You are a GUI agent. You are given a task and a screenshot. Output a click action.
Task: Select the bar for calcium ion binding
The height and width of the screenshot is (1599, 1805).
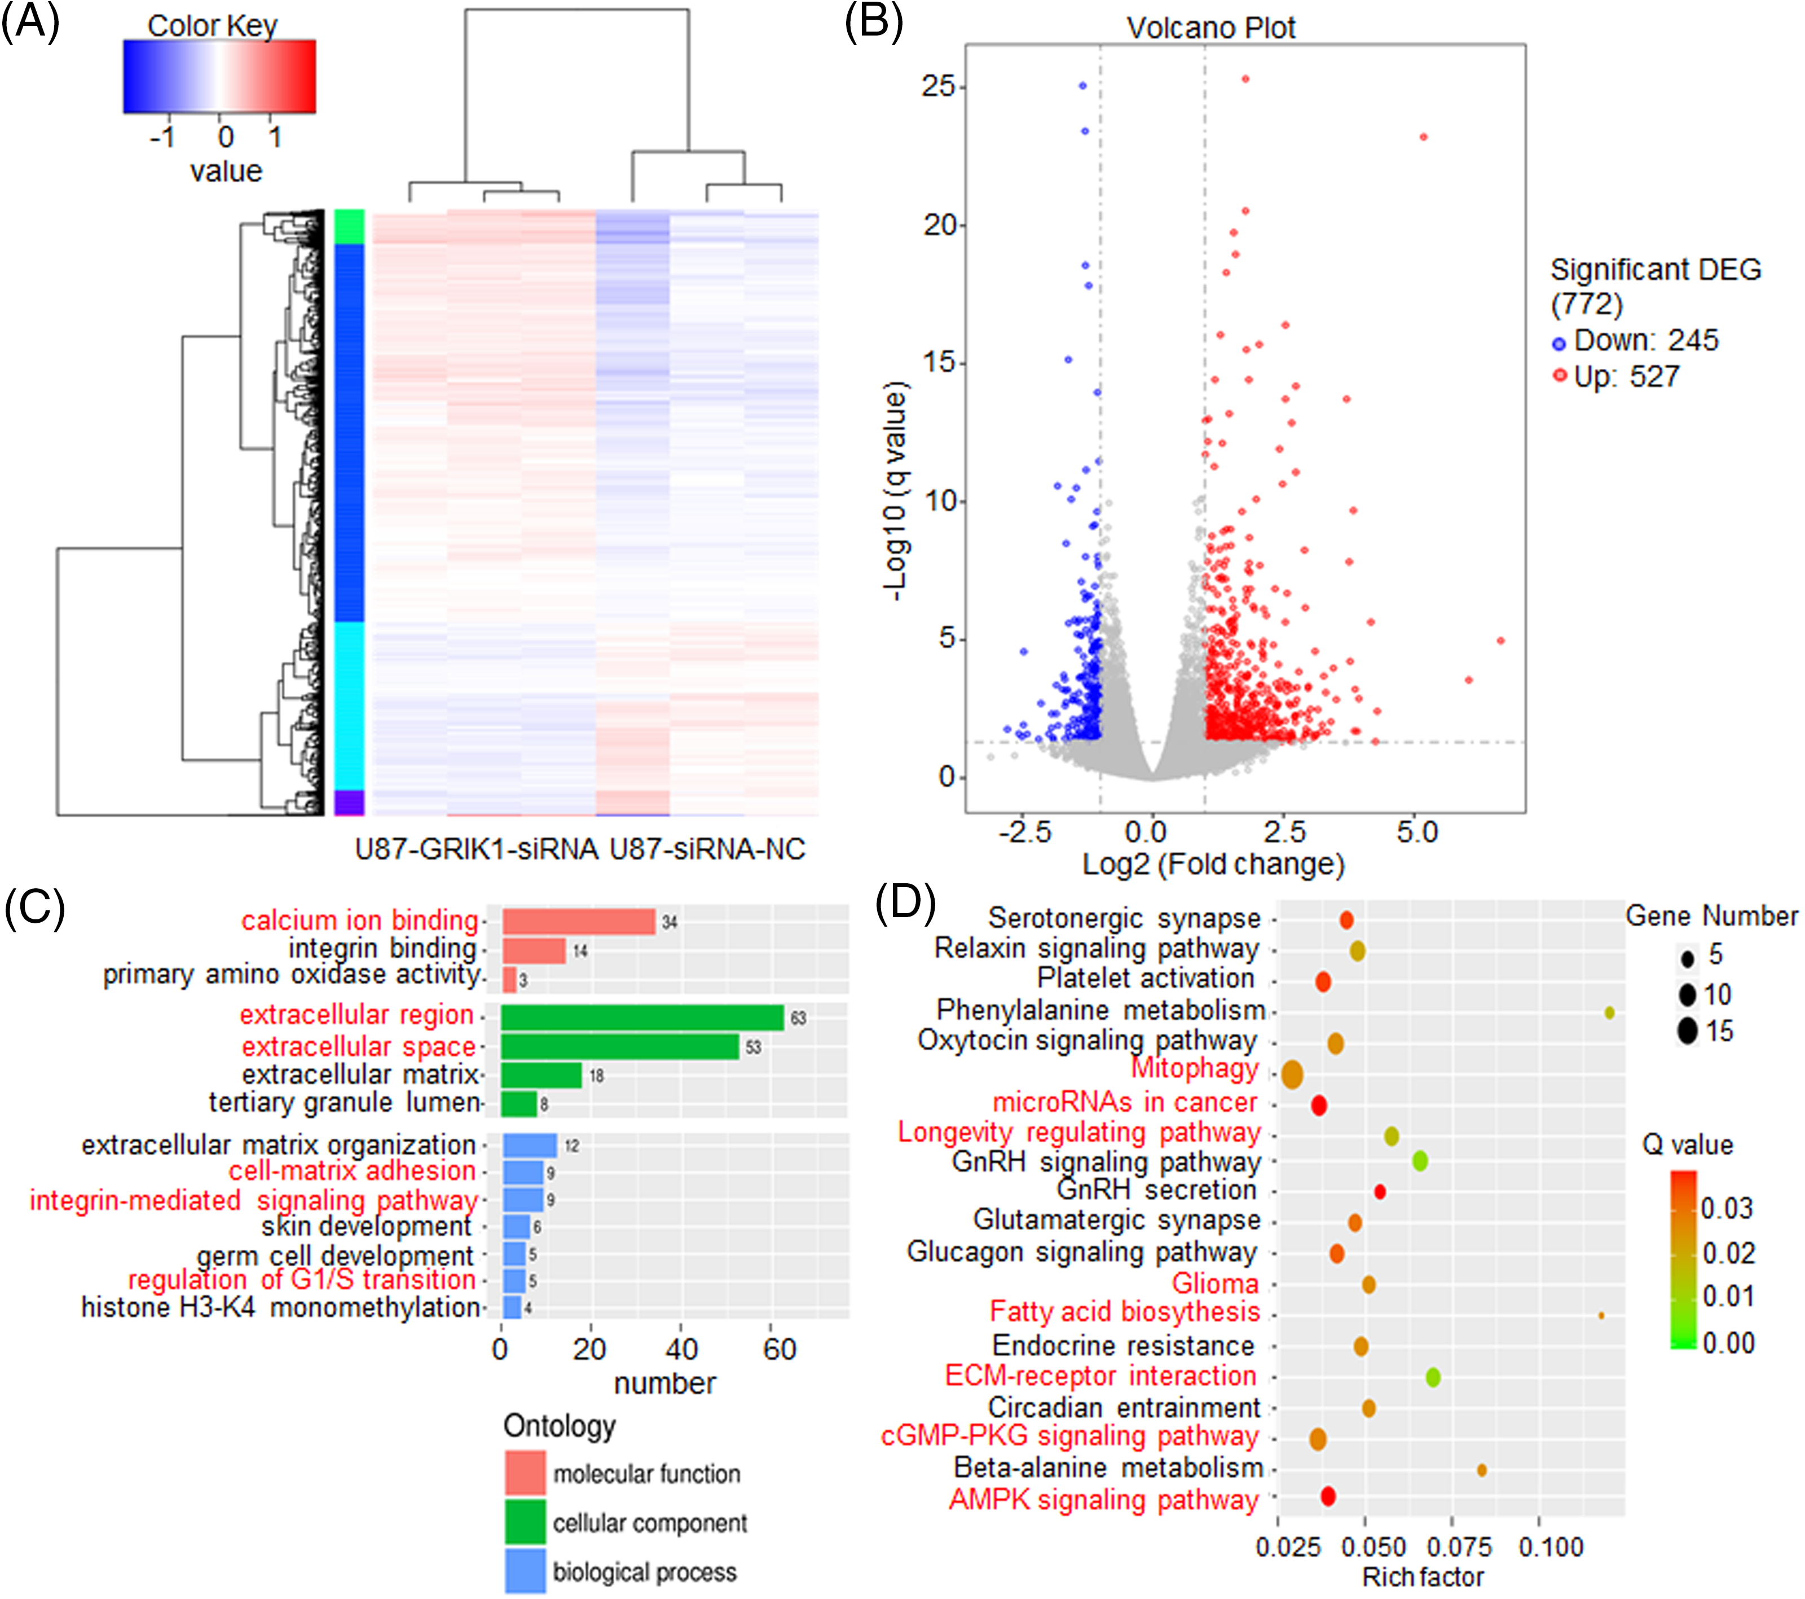pyautogui.click(x=578, y=922)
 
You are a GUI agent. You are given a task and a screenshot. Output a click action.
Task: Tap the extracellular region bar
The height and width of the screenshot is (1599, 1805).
pyautogui.click(x=642, y=1018)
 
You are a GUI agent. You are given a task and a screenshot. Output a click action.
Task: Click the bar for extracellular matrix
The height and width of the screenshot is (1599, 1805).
pyautogui.click(x=541, y=1076)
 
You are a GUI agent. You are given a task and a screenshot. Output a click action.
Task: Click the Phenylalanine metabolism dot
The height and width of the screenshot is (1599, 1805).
pyautogui.click(x=1609, y=1013)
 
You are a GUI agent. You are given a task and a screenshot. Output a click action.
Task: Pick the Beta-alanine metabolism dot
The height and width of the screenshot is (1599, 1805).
pyautogui.click(x=1482, y=1470)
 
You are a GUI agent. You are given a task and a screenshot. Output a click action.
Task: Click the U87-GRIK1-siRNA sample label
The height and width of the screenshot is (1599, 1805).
pyautogui.click(x=476, y=849)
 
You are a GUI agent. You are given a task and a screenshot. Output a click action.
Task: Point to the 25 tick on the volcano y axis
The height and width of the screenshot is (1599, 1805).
pyautogui.click(x=938, y=86)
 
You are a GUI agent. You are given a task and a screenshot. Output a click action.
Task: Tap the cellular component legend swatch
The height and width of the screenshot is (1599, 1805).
pyautogui.click(x=526, y=1522)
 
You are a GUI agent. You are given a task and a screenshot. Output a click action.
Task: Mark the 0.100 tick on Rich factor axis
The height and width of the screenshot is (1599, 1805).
pyautogui.click(x=1551, y=1547)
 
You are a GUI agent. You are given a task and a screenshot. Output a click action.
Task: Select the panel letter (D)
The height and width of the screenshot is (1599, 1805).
pyautogui.click(x=905, y=902)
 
